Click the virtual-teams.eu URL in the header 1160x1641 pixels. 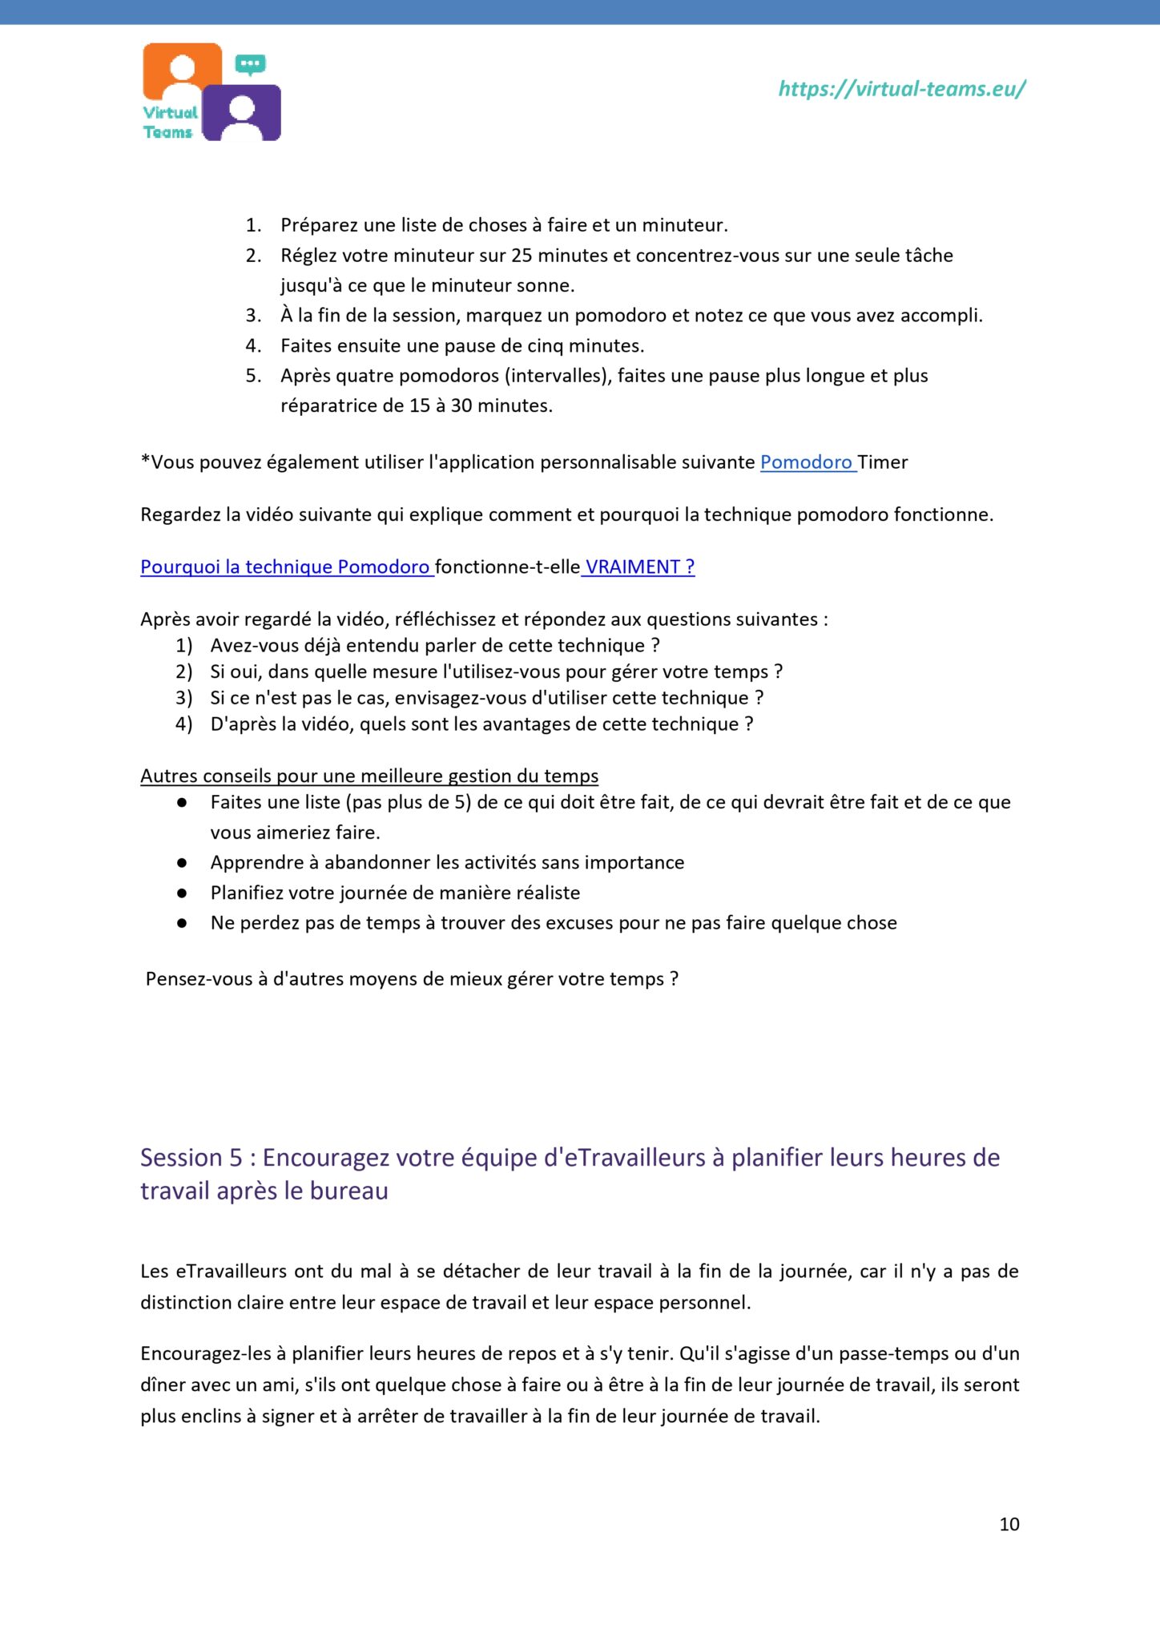[902, 89]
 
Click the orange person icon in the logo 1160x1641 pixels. [183, 71]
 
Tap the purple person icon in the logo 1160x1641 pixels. [241, 114]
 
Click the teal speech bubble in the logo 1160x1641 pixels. [251, 64]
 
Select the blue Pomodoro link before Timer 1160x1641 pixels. [806, 462]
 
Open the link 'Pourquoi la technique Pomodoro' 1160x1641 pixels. [285, 567]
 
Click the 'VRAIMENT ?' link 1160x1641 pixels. [639, 567]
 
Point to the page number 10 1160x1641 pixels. [1009, 1524]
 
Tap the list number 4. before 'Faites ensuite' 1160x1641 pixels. [253, 346]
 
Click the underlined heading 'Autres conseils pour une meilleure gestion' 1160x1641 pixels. [369, 776]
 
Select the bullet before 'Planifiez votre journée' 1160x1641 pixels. [182, 893]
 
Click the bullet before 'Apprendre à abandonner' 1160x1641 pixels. [182, 863]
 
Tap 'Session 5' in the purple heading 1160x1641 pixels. [191, 1158]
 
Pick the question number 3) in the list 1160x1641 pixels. [184, 698]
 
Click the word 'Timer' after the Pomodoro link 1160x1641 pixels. [883, 462]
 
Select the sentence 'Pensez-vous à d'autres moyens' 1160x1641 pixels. [412, 979]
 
